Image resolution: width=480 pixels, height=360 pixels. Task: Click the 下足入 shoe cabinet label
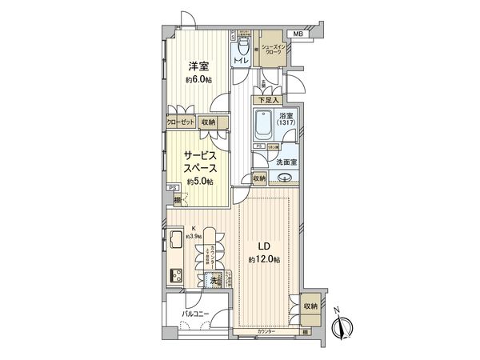coord(267,100)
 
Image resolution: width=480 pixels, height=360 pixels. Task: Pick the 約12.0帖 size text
coord(263,261)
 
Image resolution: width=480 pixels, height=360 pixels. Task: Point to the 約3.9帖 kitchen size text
coord(194,236)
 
